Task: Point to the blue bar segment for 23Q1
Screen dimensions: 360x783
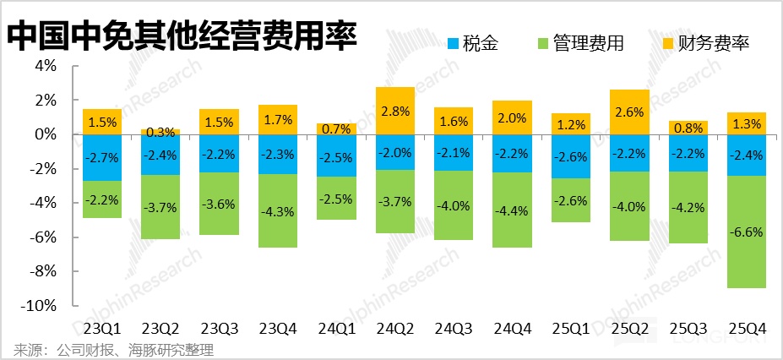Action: tap(102, 157)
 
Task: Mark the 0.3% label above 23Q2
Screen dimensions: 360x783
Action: tap(160, 132)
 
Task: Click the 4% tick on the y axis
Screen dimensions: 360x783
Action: tap(45, 66)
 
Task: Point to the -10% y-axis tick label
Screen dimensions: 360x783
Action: tap(40, 306)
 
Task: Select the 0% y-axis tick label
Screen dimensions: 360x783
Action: tap(45, 134)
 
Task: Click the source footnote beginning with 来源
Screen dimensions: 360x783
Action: tap(114, 349)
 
